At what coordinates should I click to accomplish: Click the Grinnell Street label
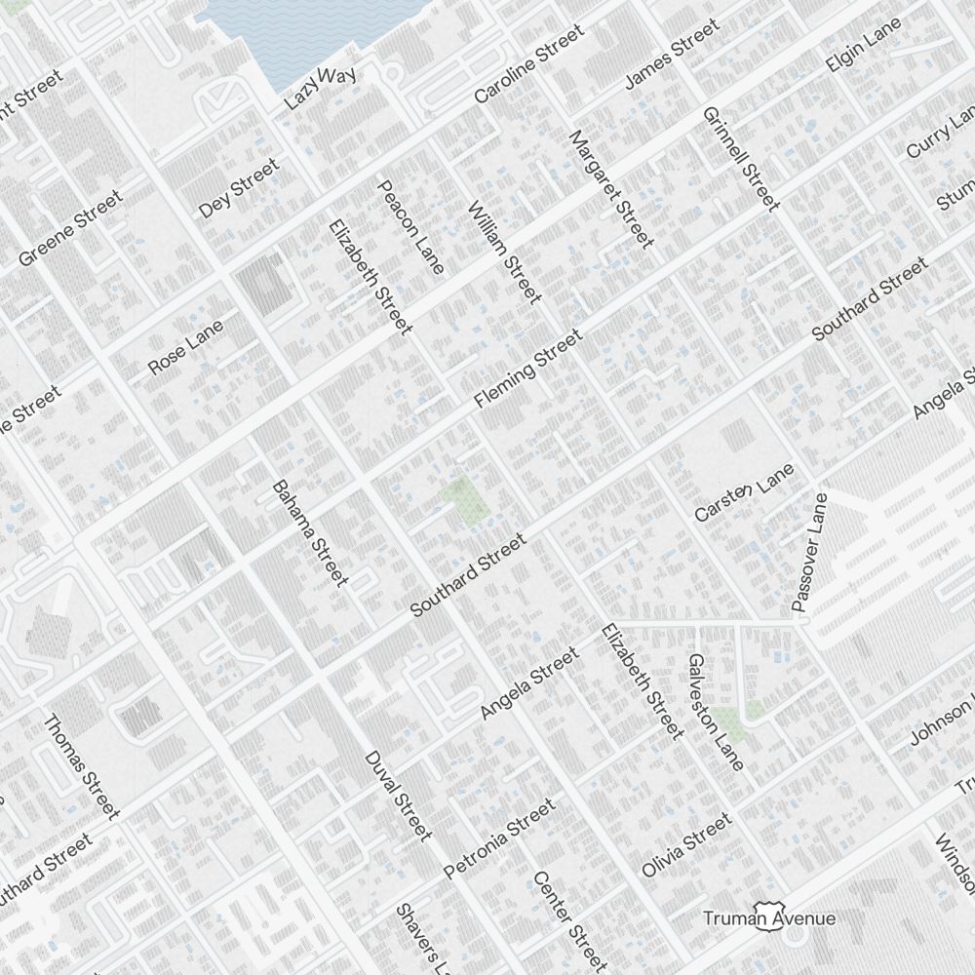741,159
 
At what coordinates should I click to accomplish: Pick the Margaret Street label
610,188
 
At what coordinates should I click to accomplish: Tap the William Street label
504,252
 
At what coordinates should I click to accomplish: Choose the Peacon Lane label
410,227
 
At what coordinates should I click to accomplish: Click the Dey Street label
239,188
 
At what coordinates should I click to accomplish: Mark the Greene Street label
71,228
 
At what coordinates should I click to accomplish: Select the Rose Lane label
185,347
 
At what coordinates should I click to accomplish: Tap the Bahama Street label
309,532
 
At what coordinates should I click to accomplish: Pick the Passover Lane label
809,552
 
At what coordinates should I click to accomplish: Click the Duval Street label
397,796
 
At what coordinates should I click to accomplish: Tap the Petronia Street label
498,838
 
